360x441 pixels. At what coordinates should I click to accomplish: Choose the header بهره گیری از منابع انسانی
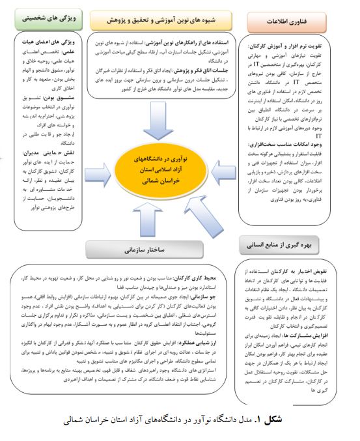(x=281, y=247)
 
